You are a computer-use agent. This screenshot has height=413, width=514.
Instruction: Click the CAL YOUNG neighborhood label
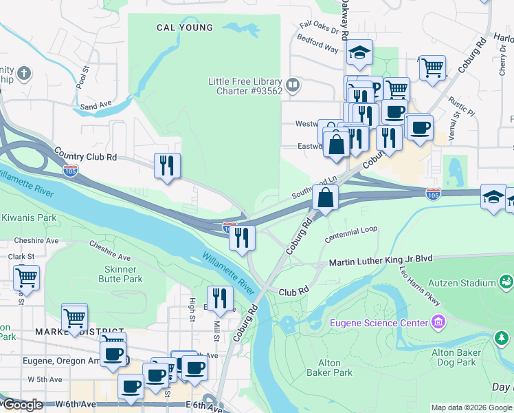coord(185,28)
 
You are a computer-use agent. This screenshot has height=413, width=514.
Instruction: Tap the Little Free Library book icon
coord(293,85)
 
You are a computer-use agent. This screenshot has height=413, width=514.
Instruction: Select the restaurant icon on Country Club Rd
coord(167,166)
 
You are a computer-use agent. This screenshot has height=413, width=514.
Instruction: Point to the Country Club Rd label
coord(85,157)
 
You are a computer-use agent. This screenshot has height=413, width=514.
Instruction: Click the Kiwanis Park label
coord(27,217)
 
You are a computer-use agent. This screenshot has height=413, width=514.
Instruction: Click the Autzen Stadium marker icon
coord(506,282)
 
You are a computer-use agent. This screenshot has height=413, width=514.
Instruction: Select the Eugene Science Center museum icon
coord(438,322)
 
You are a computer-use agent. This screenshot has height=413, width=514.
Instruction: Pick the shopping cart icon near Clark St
coord(26,277)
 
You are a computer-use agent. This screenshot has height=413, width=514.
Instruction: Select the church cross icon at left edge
coord(24,73)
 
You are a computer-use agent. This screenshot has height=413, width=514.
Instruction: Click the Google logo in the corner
coord(22,405)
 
